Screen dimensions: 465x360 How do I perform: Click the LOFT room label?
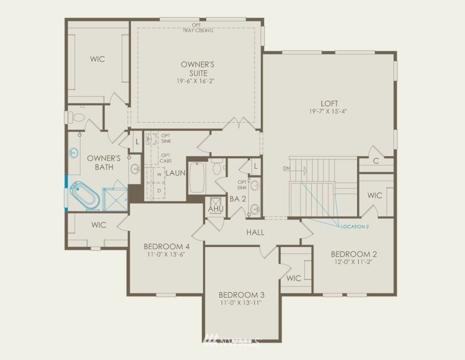point(329,103)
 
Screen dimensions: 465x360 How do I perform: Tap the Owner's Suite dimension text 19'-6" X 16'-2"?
point(195,81)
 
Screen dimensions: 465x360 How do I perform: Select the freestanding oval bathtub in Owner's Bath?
point(85,195)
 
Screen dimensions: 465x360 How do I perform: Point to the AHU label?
point(216,209)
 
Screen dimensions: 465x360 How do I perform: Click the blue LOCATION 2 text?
point(354,227)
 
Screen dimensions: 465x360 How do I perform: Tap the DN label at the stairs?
point(286,169)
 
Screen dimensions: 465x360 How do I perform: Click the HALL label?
point(255,233)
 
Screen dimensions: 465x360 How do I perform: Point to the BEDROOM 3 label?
point(241,295)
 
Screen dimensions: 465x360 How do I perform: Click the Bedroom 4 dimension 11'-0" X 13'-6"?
point(166,254)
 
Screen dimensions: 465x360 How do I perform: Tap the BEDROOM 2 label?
point(354,254)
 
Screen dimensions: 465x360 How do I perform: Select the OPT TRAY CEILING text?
point(198,28)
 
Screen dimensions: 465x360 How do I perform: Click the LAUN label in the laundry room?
point(176,173)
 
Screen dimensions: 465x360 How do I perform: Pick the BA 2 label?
point(238,199)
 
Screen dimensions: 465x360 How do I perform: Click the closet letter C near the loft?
point(376,161)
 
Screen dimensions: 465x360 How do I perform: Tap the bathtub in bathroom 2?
point(197,177)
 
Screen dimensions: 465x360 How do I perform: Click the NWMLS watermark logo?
point(231,340)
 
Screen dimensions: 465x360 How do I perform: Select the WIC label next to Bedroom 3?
point(294,278)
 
